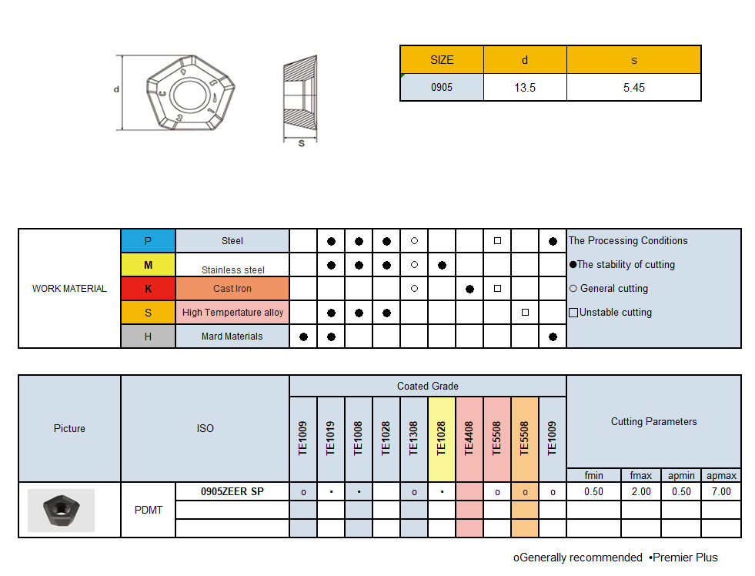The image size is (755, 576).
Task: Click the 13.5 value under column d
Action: pyautogui.click(x=525, y=88)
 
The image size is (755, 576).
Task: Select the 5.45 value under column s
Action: pyautogui.click(x=633, y=88)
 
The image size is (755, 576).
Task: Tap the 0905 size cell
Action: pyautogui.click(x=442, y=88)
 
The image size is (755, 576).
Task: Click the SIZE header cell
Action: pyautogui.click(x=442, y=60)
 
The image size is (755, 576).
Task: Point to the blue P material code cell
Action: pyautogui.click(x=149, y=241)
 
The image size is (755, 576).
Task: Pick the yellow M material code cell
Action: pyautogui.click(x=149, y=265)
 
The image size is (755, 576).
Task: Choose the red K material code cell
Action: pyautogui.click(x=149, y=289)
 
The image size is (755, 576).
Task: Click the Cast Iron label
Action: pyautogui.click(x=232, y=289)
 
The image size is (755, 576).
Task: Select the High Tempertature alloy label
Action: pyautogui.click(x=232, y=313)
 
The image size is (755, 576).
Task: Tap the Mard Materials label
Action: pyautogui.click(x=232, y=337)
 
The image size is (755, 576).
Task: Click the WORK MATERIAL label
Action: pyautogui.click(x=69, y=289)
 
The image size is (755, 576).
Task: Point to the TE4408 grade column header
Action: pyautogui.click(x=469, y=438)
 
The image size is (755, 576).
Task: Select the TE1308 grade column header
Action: pyautogui.click(x=414, y=438)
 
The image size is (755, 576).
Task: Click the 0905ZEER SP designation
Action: pyautogui.click(x=232, y=491)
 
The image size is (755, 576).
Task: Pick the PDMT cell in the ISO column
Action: pyautogui.click(x=149, y=510)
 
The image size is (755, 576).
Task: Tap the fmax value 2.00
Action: pyautogui.click(x=640, y=491)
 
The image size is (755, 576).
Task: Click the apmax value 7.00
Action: pyautogui.click(x=721, y=491)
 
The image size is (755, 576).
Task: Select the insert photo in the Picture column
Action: pyautogui.click(x=61, y=510)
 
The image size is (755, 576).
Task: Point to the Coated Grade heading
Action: pyautogui.click(x=428, y=386)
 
